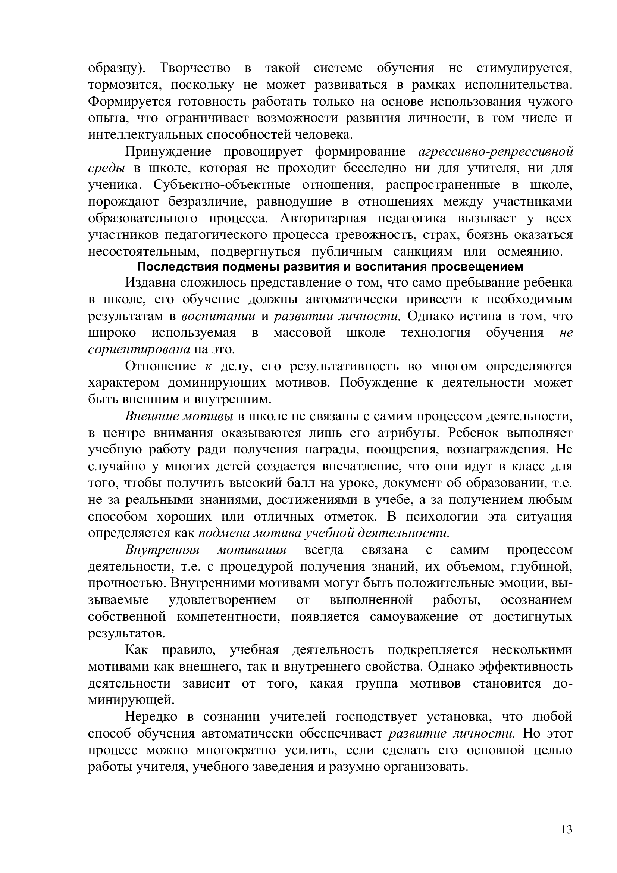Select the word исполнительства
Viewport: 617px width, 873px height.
[x=519, y=85]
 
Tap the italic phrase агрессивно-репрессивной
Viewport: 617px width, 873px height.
[x=495, y=152]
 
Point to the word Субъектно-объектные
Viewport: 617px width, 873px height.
[x=222, y=185]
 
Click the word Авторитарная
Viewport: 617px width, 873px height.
[x=323, y=219]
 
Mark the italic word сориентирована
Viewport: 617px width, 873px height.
[x=139, y=349]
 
